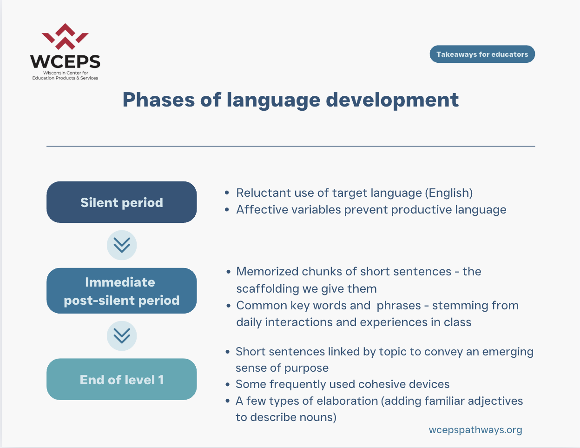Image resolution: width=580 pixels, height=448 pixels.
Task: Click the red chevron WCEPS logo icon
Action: click(65, 37)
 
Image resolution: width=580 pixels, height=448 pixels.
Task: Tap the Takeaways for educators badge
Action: click(482, 54)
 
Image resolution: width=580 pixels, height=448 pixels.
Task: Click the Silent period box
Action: click(121, 202)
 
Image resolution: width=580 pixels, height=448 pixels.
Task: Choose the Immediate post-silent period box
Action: click(121, 291)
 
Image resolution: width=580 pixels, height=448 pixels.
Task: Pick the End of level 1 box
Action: click(121, 379)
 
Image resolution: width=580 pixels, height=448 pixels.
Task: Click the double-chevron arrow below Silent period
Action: click(122, 245)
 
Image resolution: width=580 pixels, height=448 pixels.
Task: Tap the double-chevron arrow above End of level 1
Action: click(122, 336)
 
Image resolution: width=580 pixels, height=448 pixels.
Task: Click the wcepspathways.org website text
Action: click(475, 430)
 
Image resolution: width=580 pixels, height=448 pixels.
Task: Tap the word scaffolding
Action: click(267, 289)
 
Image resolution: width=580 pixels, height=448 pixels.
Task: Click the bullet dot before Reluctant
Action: click(227, 193)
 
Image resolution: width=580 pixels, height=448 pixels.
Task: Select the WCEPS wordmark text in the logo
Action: click(65, 61)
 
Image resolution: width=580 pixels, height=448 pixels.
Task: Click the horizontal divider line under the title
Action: click(290, 146)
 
